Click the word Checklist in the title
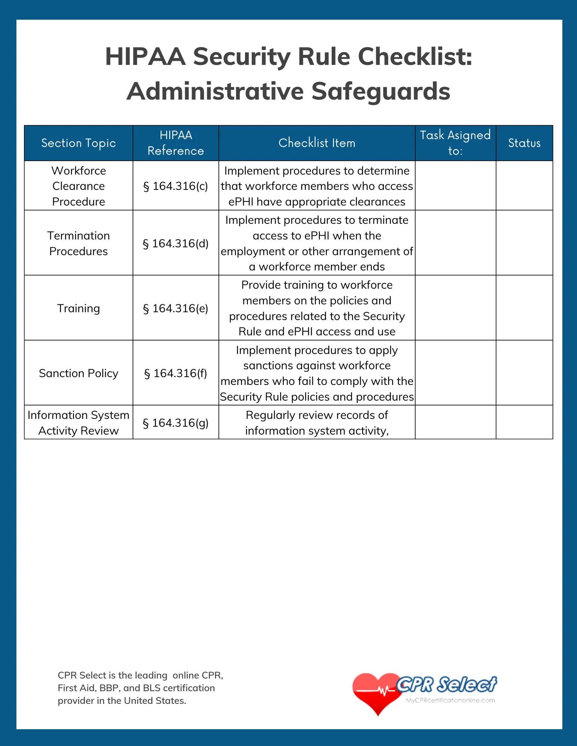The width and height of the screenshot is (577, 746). tap(415, 57)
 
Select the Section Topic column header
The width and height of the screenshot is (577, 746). tap(78, 143)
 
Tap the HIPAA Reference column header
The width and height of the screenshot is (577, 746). tap(176, 143)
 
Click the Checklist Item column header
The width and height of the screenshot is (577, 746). tap(317, 143)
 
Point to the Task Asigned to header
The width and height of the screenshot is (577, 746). tap(455, 143)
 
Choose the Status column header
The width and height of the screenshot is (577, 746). tap(524, 143)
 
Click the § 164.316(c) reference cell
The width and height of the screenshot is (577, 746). tap(176, 186)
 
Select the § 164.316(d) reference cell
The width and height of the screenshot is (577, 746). tap(176, 243)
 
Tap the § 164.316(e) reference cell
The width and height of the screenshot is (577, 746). tap(176, 308)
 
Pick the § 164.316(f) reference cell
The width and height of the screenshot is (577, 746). tap(176, 373)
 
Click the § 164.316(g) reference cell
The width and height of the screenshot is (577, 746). tap(176, 423)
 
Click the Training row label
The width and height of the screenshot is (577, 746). tap(78, 308)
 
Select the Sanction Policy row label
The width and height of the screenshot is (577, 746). tap(78, 373)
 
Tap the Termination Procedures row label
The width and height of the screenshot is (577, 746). tap(78, 243)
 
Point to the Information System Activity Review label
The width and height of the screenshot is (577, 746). tap(78, 423)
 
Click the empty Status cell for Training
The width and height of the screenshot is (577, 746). tap(524, 308)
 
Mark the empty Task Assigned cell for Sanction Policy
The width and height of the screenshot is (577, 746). tap(455, 373)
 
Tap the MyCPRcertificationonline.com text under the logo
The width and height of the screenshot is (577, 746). tap(450, 700)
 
